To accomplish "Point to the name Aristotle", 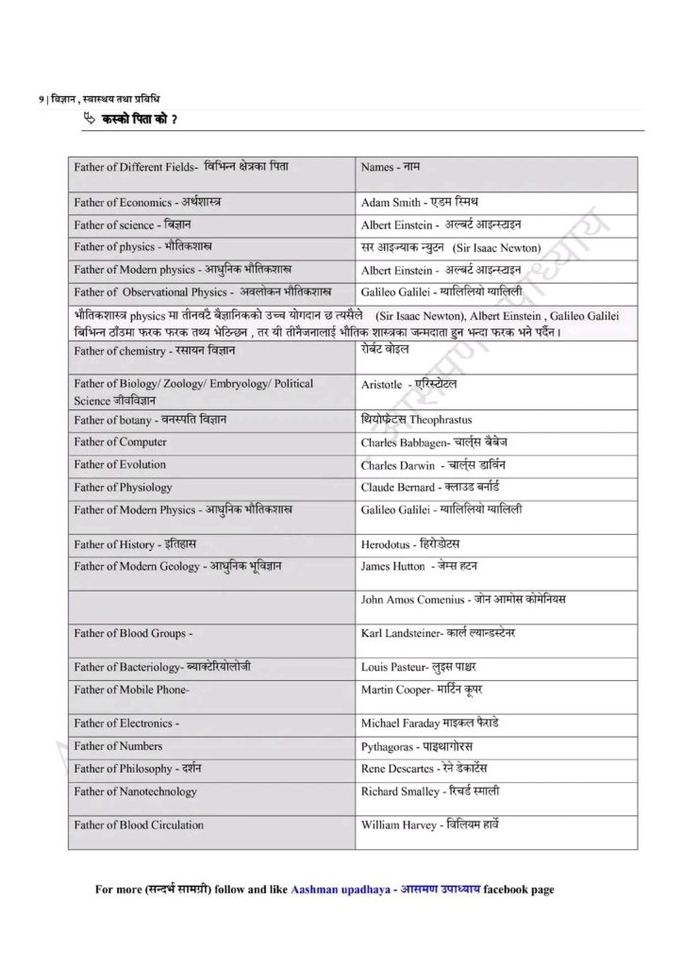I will tap(383, 385).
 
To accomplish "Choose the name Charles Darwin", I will tap(397, 465).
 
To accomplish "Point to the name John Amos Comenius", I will tap(415, 599).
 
